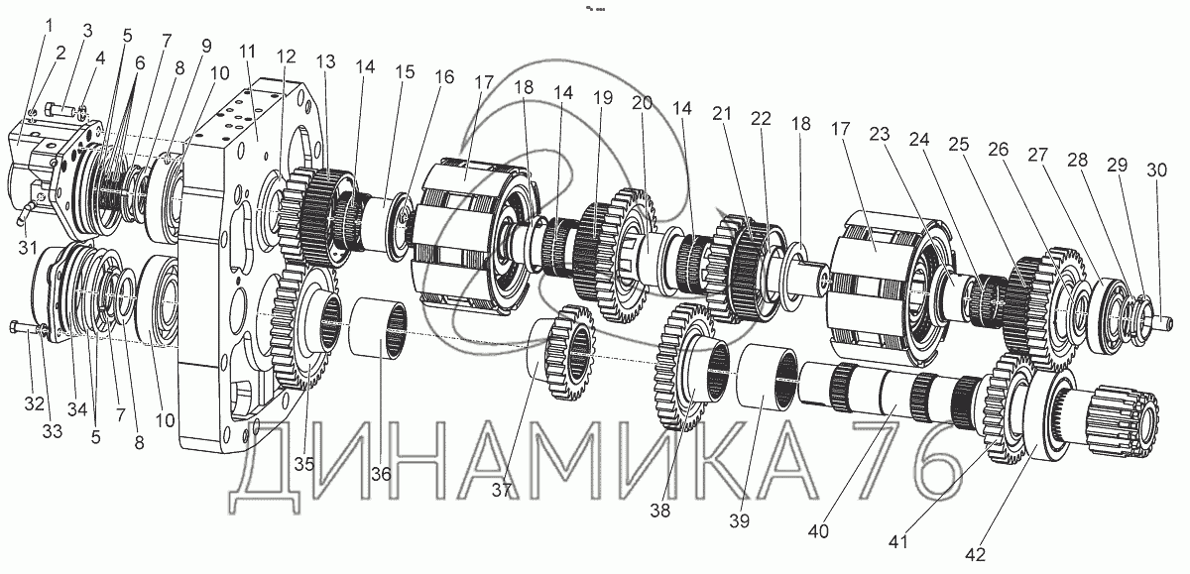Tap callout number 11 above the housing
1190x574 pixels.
coord(247,52)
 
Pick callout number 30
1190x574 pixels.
coord(1156,170)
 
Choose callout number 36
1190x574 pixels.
coord(382,475)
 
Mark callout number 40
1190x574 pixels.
coord(817,530)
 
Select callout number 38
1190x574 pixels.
coord(660,512)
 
